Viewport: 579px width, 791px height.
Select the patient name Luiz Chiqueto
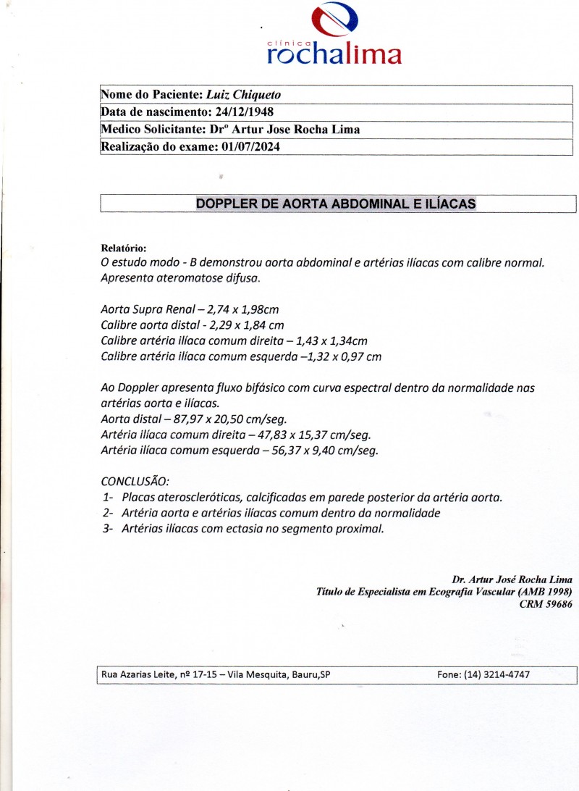tap(244, 95)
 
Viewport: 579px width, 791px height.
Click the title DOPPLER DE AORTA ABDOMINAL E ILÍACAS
tap(337, 204)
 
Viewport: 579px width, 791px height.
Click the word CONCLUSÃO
tap(135, 482)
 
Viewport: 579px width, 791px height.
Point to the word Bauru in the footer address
tap(304, 674)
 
